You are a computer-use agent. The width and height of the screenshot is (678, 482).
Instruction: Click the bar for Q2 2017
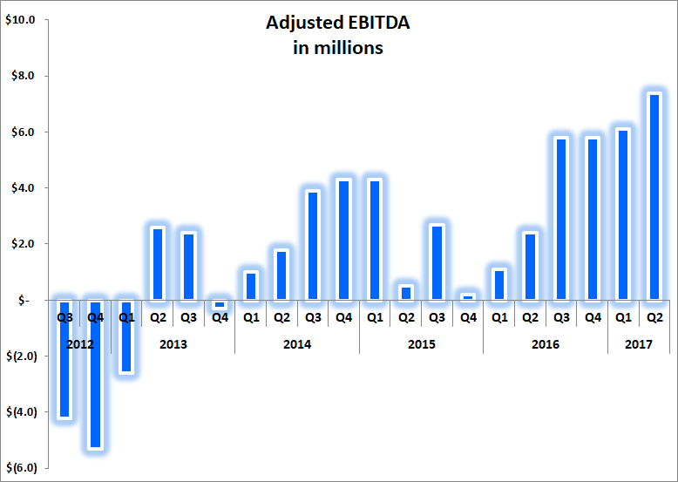655,197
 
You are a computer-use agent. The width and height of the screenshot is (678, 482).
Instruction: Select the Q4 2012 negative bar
96,374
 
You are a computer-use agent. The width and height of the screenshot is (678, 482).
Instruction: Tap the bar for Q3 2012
64,359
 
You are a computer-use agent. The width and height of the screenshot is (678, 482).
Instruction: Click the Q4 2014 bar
344,240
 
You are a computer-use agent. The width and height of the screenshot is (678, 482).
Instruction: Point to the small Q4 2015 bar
468,297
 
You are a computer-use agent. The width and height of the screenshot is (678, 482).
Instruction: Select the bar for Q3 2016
562,219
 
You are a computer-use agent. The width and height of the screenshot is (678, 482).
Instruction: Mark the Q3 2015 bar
437,262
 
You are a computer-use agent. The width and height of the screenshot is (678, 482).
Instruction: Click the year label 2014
297,344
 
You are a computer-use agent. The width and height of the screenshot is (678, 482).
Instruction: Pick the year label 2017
639,344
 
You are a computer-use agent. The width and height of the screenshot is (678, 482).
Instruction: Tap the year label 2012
80,344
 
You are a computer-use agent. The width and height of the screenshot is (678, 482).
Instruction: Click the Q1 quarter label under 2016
499,318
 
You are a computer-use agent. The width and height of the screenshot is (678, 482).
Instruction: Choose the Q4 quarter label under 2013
220,318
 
